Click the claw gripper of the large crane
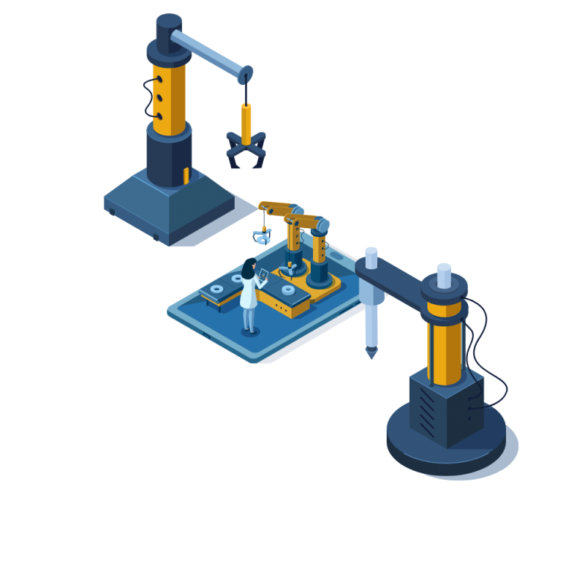click(244, 151)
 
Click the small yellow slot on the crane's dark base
click(186, 175)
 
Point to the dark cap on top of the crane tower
click(169, 26)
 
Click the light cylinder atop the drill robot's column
click(443, 275)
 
